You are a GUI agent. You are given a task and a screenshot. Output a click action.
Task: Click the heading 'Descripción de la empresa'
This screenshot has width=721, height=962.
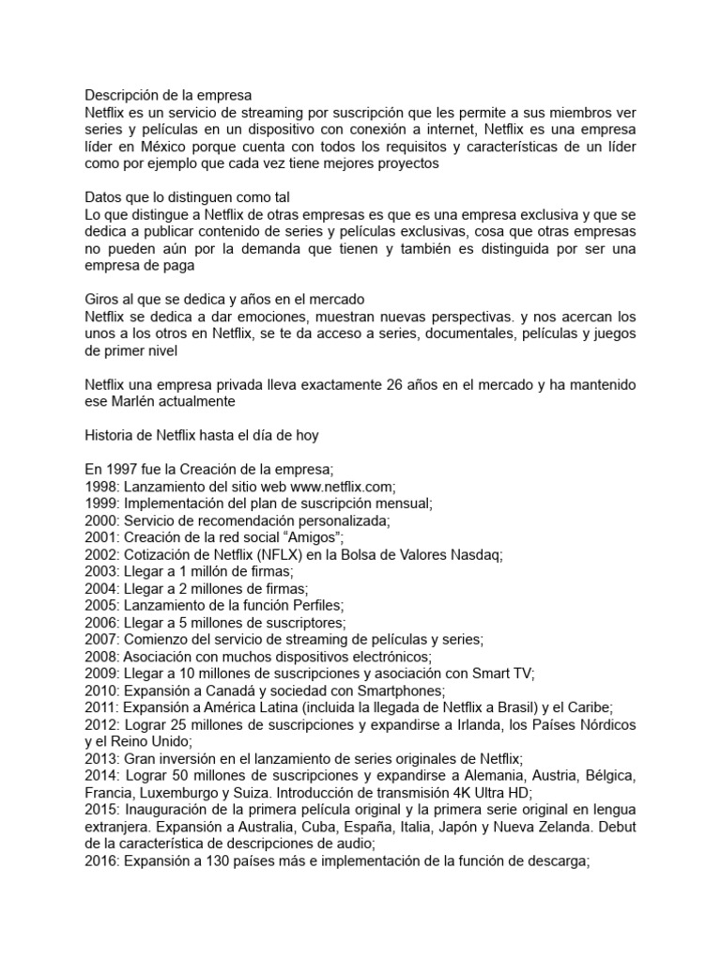pyautogui.click(x=168, y=95)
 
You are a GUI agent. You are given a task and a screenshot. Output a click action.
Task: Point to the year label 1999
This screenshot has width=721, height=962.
pyautogui.click(x=100, y=503)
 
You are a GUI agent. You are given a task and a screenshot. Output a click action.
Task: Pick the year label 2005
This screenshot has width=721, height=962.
pyautogui.click(x=100, y=605)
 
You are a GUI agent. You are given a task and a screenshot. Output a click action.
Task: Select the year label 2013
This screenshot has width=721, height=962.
pyautogui.click(x=100, y=758)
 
